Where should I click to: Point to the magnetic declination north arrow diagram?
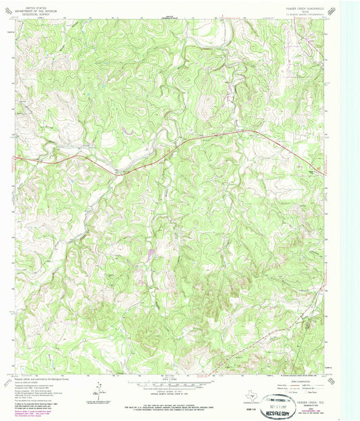99,390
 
